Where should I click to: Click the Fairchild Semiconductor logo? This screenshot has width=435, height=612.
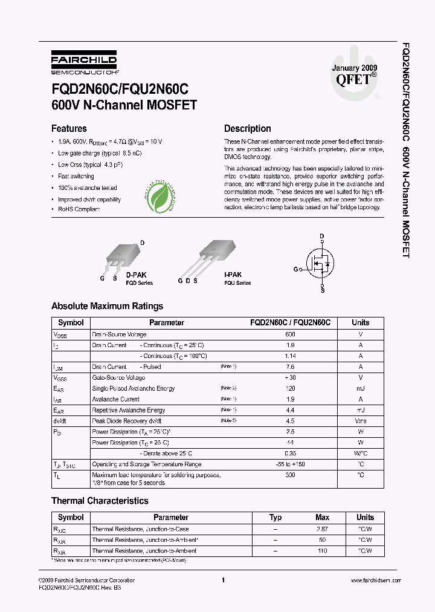83,62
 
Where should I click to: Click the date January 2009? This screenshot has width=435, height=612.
354,68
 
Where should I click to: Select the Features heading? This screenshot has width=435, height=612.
69,128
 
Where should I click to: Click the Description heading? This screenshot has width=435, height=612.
247,128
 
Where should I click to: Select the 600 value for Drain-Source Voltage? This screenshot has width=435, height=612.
290,334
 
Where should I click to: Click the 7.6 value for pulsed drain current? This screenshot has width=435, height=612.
290,366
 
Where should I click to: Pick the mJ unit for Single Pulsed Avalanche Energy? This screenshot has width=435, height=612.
361,388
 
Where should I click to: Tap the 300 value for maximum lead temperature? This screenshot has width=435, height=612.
290,475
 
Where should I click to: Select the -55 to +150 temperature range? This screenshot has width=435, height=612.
290,464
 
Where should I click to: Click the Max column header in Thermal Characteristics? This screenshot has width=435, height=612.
323,518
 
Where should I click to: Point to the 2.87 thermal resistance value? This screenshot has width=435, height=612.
323,529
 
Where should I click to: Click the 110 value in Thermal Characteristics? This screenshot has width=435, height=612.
323,551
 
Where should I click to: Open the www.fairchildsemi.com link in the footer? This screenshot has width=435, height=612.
375,581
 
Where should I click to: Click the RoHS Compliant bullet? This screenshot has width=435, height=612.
79,209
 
